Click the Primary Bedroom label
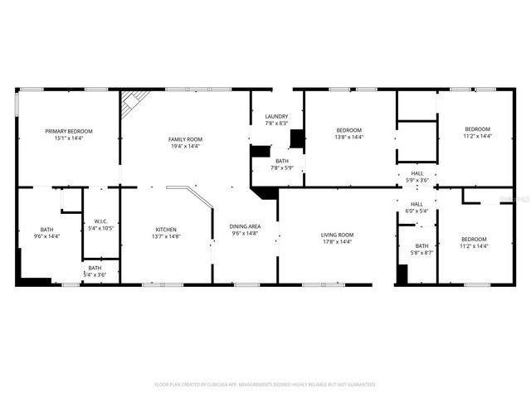[69, 131]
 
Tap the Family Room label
[186, 138]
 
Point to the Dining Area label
[245, 226]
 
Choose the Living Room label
[338, 235]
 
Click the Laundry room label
[276, 116]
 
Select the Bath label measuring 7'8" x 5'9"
[282, 161]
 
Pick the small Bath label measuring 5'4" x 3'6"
[95, 268]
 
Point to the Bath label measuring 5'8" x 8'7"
[422, 245]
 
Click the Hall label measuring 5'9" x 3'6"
[417, 173]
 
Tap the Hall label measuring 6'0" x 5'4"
[417, 204]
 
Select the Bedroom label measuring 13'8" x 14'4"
[348, 130]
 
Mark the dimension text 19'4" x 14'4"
[186, 146]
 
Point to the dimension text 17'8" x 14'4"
[338, 242]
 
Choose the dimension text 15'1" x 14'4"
[69, 138]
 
